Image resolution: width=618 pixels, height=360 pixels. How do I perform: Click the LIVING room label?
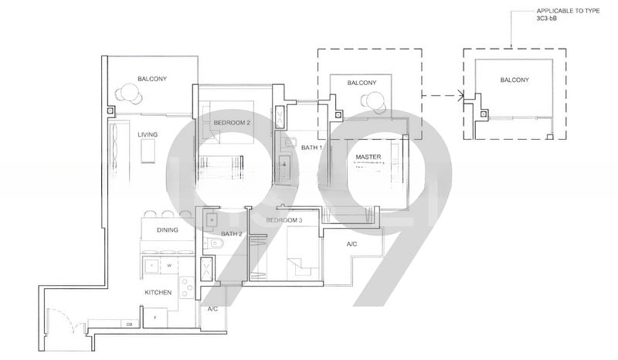[148, 135]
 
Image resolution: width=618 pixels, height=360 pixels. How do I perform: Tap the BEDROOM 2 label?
[232, 123]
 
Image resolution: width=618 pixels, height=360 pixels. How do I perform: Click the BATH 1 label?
[311, 147]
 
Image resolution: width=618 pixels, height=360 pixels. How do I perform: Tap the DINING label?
[168, 230]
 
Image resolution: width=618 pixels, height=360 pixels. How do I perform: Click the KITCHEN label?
[158, 293]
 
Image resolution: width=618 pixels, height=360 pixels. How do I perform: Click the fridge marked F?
[154, 318]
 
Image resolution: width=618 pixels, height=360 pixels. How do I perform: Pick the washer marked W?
[168, 266]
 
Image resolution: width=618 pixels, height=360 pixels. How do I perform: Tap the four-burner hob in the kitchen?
[186, 287]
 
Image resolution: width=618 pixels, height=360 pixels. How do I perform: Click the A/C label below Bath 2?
[212, 309]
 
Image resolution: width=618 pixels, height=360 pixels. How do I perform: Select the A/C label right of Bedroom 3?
[351, 244]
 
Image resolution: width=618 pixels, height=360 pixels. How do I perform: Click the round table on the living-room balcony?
[129, 93]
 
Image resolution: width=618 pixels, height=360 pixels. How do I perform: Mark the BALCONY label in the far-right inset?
[514, 80]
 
